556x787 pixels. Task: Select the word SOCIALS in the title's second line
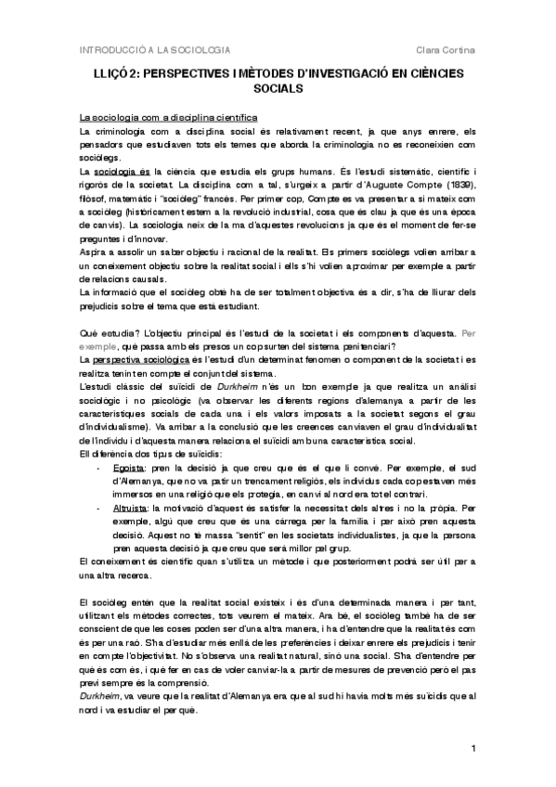point(278,90)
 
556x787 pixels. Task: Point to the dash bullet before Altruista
point(101,510)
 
